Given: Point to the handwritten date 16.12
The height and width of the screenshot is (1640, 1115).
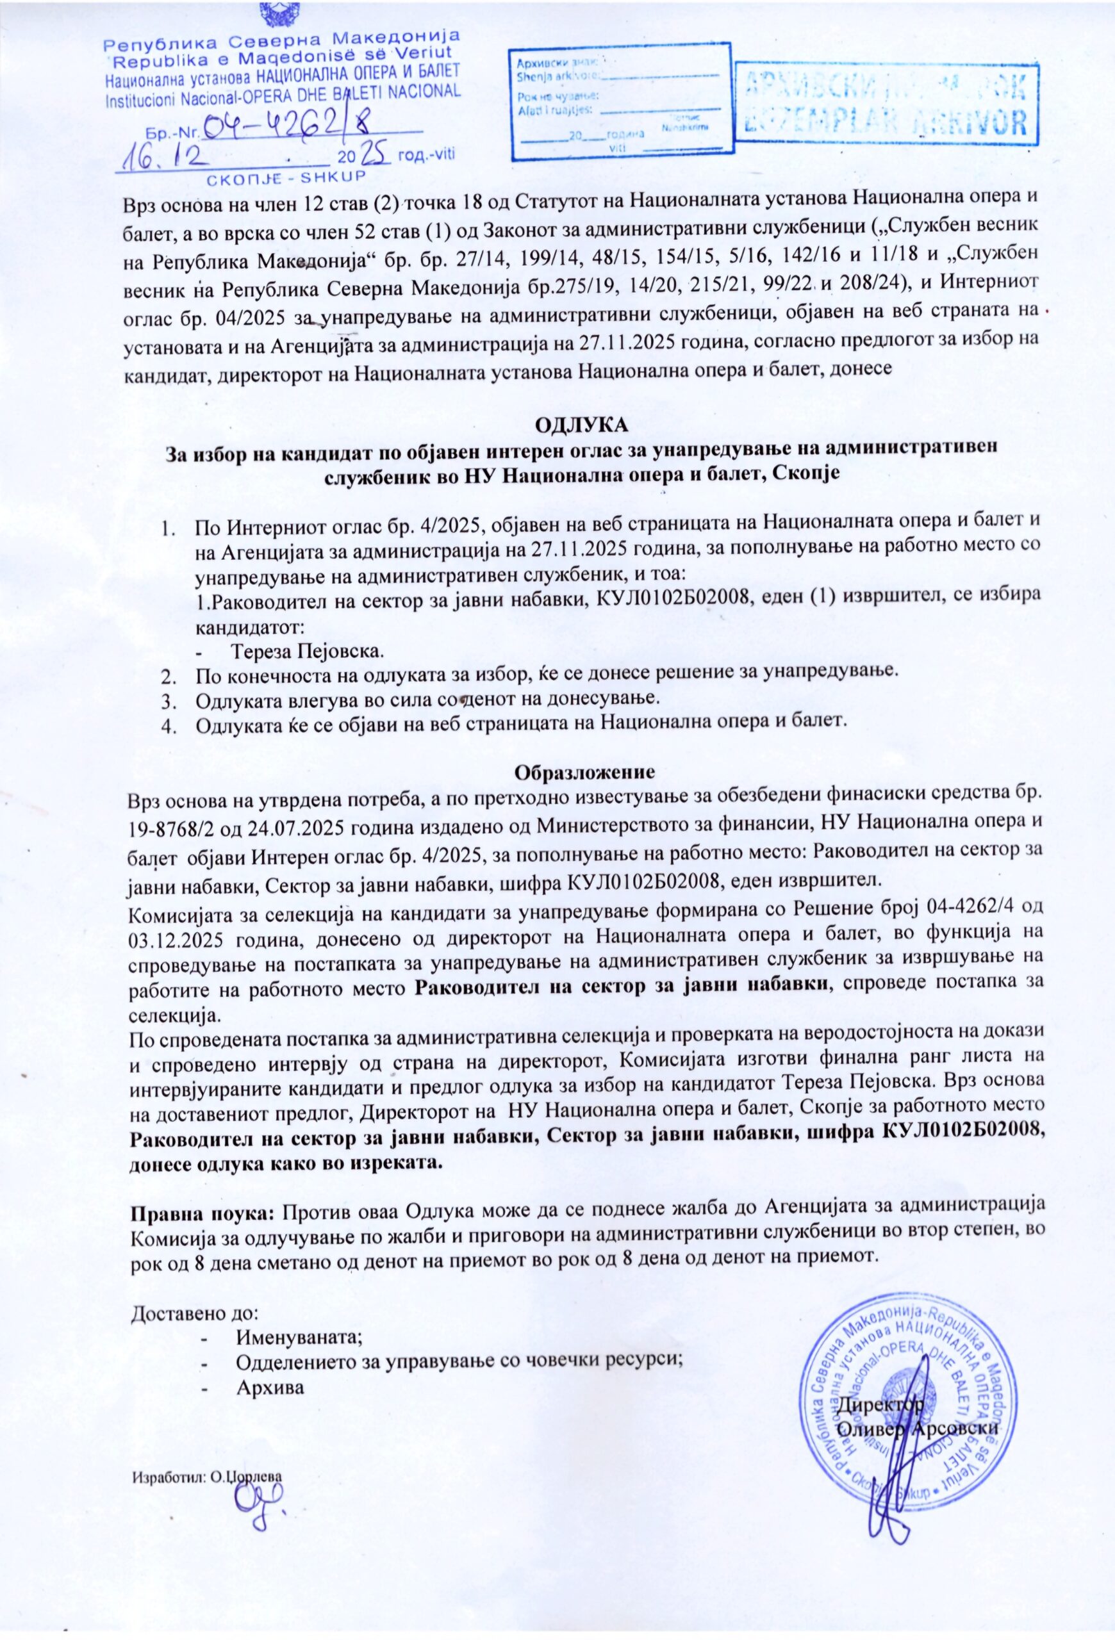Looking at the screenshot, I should [x=166, y=157].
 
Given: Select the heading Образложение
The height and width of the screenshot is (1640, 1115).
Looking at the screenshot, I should [x=585, y=771].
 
